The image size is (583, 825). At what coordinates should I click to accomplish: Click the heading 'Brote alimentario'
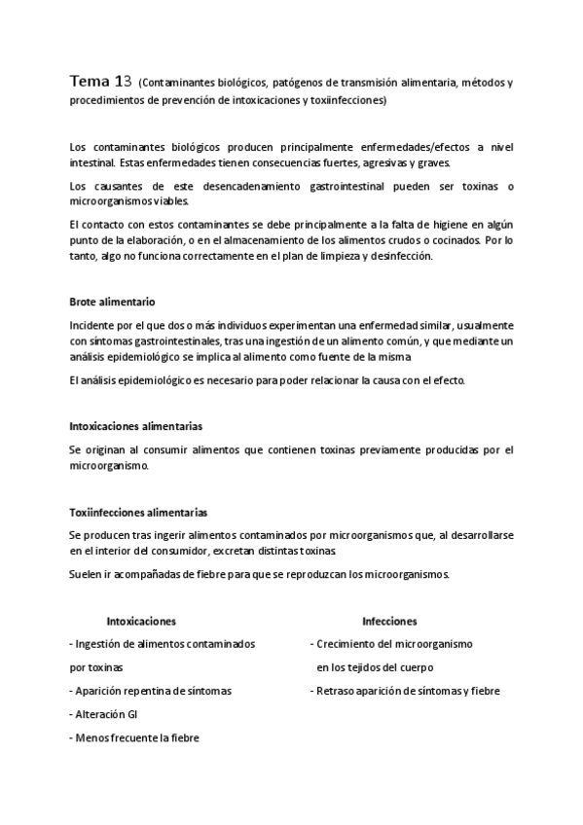[113, 303]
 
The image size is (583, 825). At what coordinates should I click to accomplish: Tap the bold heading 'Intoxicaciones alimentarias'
[136, 426]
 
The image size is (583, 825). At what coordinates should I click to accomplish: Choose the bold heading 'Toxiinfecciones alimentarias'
[137, 512]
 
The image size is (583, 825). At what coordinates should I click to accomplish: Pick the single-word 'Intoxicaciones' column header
[141, 620]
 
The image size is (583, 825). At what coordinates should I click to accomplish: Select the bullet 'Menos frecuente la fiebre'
[134, 737]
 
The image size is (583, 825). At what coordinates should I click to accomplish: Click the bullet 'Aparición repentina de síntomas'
[151, 691]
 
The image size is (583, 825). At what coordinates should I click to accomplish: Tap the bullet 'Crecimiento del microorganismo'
[391, 644]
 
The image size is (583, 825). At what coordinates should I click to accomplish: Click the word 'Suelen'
[88, 573]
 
